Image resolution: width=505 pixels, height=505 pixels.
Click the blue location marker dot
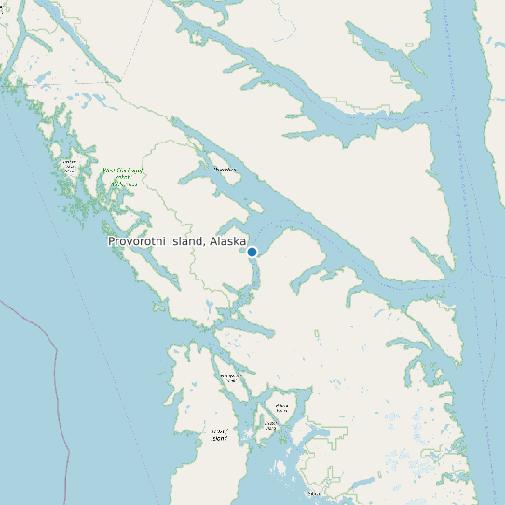click(252, 252)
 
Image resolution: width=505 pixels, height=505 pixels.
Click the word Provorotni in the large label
click(139, 241)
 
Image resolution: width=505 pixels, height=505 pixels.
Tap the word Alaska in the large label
click(228, 241)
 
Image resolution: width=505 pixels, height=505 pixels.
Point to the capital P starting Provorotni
click(112, 241)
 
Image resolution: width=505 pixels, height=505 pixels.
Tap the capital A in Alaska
click(214, 241)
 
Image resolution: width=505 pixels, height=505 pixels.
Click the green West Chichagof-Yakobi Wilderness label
click(124, 177)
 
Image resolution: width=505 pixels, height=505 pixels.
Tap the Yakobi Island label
click(69, 166)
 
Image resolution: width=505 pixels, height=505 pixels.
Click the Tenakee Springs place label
click(225, 169)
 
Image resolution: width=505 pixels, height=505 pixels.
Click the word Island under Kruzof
click(219, 438)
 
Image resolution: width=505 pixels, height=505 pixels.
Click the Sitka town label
click(314, 493)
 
